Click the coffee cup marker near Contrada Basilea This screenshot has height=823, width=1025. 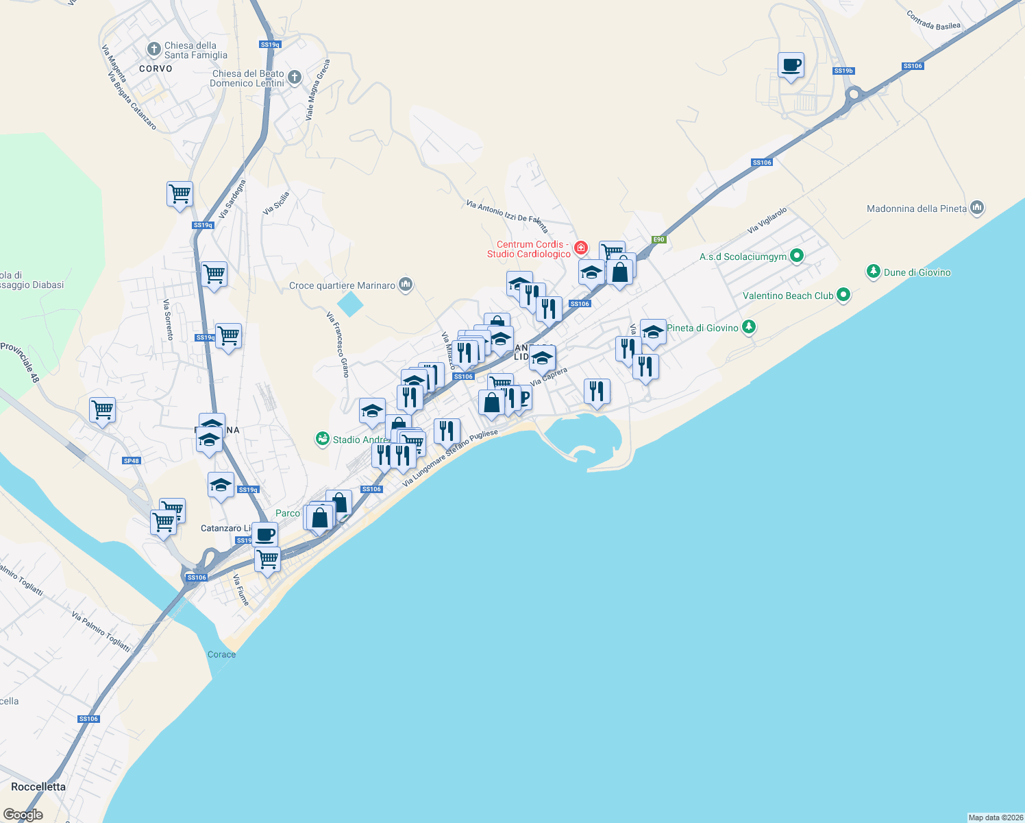coord(791,66)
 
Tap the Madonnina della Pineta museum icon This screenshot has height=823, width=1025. coord(978,207)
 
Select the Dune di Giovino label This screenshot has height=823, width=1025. coord(917,272)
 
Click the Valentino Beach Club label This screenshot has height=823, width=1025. coord(788,296)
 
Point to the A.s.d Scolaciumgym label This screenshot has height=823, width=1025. coord(743,257)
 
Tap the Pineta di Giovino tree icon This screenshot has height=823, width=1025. coord(749,327)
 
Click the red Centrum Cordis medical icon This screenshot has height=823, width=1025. coord(581,247)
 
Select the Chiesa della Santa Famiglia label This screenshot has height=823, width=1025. coord(195,50)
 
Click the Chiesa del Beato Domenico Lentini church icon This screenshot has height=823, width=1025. coord(295,77)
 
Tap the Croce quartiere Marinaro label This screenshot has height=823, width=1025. coord(342,285)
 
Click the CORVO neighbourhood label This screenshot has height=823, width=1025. coord(156,69)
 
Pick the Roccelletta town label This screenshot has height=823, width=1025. coord(38,787)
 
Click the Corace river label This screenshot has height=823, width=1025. coord(221,654)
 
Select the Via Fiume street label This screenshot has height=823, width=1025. coord(241,590)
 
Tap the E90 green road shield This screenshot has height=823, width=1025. coord(658,239)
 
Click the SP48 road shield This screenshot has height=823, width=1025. coord(132,461)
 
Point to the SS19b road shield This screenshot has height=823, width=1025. coord(843,71)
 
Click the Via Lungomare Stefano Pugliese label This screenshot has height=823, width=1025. coord(450,458)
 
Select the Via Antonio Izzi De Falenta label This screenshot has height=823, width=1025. coord(507,215)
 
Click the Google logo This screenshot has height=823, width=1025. coord(23,815)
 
